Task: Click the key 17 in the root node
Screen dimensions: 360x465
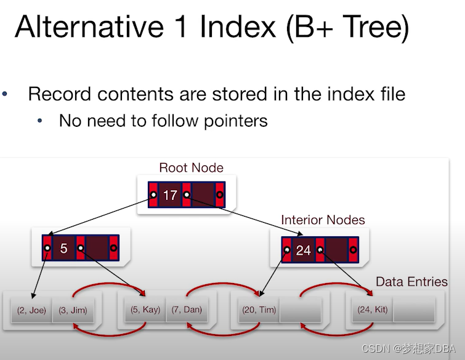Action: pos(170,195)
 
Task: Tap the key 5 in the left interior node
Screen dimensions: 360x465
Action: pos(63,249)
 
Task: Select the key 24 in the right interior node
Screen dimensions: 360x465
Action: pos(303,250)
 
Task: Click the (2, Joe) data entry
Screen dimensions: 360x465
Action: pos(31,310)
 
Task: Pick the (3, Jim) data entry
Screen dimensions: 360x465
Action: pos(73,310)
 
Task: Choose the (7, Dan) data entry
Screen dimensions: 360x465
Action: pos(186,310)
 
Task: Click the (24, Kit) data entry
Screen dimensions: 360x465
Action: pos(373,310)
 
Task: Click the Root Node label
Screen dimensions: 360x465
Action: pos(191,167)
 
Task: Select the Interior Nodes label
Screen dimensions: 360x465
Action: pos(323,220)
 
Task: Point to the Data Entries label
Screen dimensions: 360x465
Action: pos(411,281)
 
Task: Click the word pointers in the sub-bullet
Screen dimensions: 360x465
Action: pos(233,120)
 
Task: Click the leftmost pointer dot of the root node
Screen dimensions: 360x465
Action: pos(153,195)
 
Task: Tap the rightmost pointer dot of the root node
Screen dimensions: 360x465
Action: pos(219,195)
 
